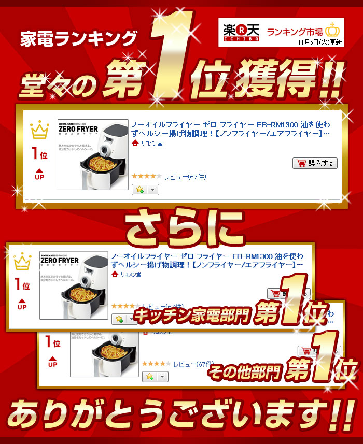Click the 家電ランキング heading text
tap(78, 39)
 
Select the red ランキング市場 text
tap(295, 31)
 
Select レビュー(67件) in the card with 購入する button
tap(185, 177)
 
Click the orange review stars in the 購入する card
tap(146, 177)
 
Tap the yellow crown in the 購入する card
tap(39, 131)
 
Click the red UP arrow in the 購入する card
tap(39, 174)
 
